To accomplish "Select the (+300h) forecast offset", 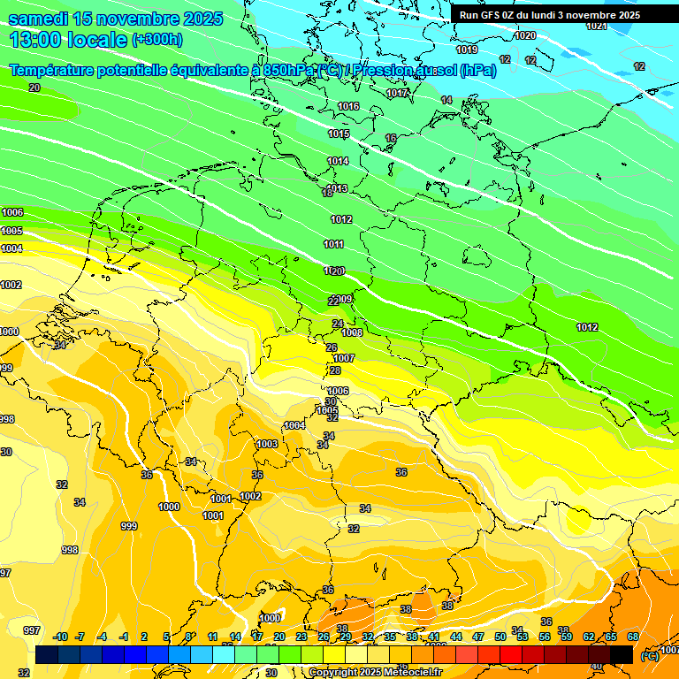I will pyautogui.click(x=156, y=39).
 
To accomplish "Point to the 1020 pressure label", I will pyautogui.click(x=525, y=35).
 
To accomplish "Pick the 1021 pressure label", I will pyautogui.click(x=597, y=26).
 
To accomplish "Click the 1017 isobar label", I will pyautogui.click(x=397, y=93).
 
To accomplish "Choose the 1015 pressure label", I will pyautogui.click(x=339, y=134).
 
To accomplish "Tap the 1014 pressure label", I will pyautogui.click(x=338, y=161).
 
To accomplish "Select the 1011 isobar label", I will pyautogui.click(x=334, y=244).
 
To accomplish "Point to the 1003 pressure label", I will pyautogui.click(x=267, y=444).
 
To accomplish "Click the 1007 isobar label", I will pyautogui.click(x=344, y=358).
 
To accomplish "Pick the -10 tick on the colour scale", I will pyautogui.click(x=60, y=637).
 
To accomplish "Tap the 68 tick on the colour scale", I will pyautogui.click(x=633, y=637).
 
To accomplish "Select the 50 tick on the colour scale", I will pyautogui.click(x=500, y=637).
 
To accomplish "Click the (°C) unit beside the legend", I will pyautogui.click(x=649, y=655).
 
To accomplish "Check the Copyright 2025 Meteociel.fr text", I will pyautogui.click(x=375, y=672).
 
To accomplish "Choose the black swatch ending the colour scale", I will pyautogui.click(x=622, y=654).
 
